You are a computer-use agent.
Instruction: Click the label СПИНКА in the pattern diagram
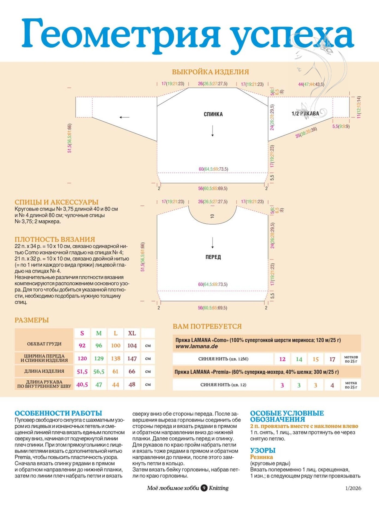213,114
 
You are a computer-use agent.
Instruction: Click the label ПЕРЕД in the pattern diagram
213,257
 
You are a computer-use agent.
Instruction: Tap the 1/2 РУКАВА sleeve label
305,114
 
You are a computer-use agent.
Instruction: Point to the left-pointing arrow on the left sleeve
124,117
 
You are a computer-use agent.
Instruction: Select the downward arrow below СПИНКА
212,131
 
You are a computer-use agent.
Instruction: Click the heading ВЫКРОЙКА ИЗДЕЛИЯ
210,72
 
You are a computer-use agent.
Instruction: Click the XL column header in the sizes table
132,333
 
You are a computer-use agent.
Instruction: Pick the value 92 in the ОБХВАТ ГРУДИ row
82,345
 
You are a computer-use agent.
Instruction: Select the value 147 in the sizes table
132,358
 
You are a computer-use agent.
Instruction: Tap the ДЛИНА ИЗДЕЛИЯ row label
44,371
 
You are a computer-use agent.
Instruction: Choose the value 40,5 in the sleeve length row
82,384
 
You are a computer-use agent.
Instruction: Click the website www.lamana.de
196,346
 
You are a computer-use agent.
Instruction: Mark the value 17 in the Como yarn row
332,359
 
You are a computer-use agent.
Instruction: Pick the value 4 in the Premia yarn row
332,385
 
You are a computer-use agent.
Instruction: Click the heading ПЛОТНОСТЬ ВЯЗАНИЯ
55,239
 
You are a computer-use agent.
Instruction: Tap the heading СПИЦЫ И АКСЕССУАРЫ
56,202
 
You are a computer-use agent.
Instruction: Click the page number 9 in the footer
204,488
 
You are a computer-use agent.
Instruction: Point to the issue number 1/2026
353,488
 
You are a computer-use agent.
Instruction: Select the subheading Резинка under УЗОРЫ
261,457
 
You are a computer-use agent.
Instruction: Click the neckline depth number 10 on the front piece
212,216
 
